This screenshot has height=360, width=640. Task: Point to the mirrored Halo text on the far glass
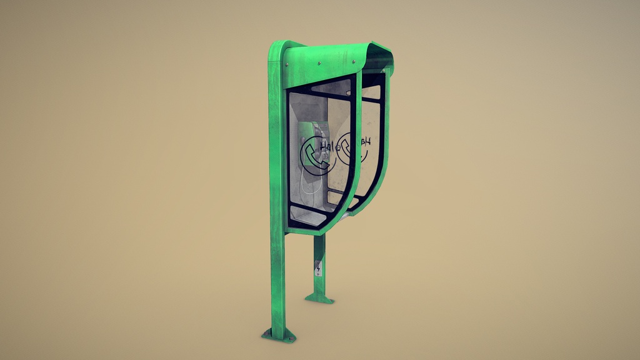tap(363, 142)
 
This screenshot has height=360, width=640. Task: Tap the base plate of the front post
tap(279, 336)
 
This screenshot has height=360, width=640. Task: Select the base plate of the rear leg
tap(319, 299)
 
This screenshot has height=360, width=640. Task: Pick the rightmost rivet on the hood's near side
tap(354, 61)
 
